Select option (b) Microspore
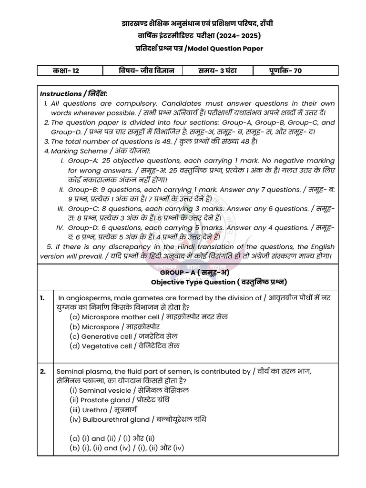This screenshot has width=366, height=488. pos(114,326)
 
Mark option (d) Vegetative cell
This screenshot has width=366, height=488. pos(124,346)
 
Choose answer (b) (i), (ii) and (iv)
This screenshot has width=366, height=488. pos(126,448)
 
